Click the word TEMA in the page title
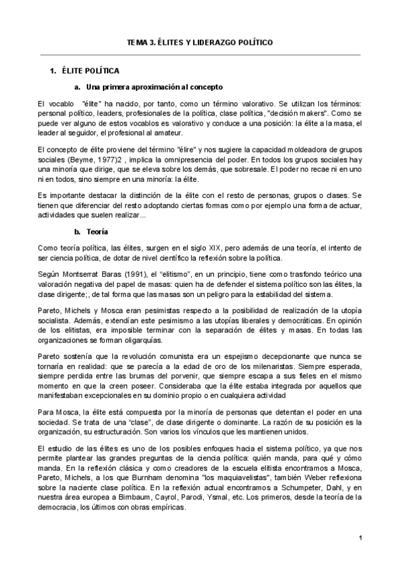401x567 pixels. [x=138, y=42]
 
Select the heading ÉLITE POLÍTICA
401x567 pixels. [x=90, y=70]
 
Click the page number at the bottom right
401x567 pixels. [x=360, y=538]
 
